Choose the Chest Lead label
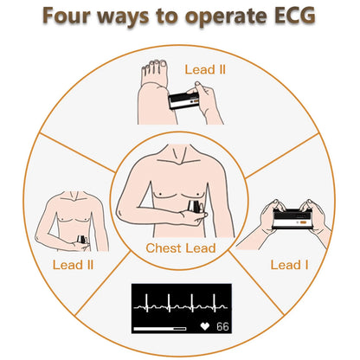(180, 248)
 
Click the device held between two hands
(292, 221)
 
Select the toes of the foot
(155, 64)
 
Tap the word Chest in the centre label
(162, 248)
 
